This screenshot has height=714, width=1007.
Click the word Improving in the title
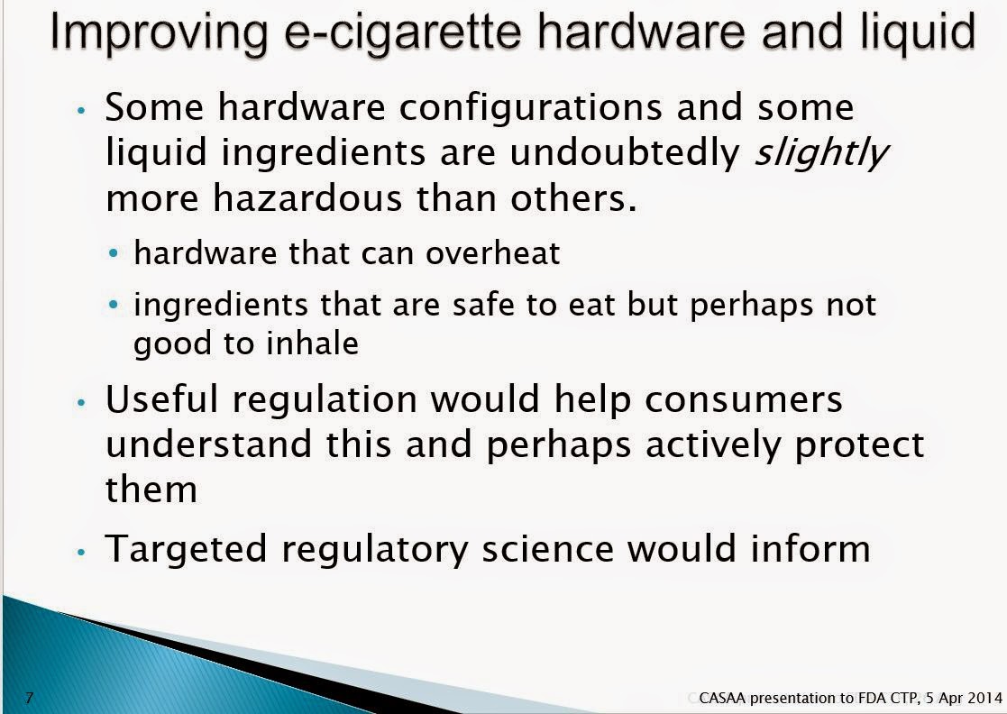[x=158, y=33]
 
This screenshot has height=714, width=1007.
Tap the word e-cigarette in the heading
[x=403, y=33]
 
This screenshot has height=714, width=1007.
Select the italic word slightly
[x=820, y=154]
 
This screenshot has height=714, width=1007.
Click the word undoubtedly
[x=625, y=152]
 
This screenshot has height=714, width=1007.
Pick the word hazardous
[x=308, y=197]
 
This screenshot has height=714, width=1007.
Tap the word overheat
[x=492, y=253]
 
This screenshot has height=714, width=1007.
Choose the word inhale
[x=312, y=343]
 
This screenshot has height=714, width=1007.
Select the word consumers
[x=743, y=399]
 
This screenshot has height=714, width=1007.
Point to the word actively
[x=713, y=445]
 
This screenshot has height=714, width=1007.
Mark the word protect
[x=859, y=445]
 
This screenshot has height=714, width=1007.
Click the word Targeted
[x=186, y=550]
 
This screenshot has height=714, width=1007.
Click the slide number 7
[x=29, y=697]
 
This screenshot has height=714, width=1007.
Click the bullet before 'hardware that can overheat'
[x=114, y=253]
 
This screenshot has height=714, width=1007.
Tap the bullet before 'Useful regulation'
[x=81, y=403]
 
